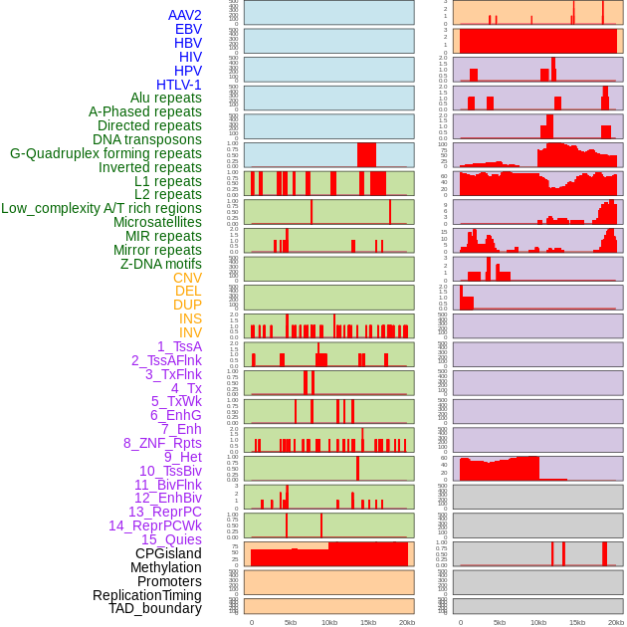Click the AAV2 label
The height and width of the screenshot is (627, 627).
click(185, 15)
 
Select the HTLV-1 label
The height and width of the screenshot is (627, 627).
click(179, 85)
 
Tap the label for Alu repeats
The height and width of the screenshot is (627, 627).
click(166, 99)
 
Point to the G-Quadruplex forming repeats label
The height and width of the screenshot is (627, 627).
click(105, 153)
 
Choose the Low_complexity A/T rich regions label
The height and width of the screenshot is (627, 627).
click(102, 208)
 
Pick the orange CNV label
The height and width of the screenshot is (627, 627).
click(187, 278)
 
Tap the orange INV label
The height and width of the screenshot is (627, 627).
click(190, 332)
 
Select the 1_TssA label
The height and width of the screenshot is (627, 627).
click(179, 346)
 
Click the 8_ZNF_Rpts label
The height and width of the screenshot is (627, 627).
click(162, 443)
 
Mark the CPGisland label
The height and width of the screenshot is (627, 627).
click(168, 553)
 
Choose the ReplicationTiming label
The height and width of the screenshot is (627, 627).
click(147, 595)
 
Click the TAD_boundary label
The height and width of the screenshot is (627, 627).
click(155, 608)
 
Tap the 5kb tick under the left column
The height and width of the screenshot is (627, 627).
click(291, 622)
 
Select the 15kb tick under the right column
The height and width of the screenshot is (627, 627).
click(577, 622)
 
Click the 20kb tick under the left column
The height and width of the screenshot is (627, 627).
click(406, 622)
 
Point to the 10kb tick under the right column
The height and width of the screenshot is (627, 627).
click(538, 622)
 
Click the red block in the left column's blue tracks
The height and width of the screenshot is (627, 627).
click(366, 155)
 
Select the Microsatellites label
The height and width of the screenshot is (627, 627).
click(157, 222)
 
